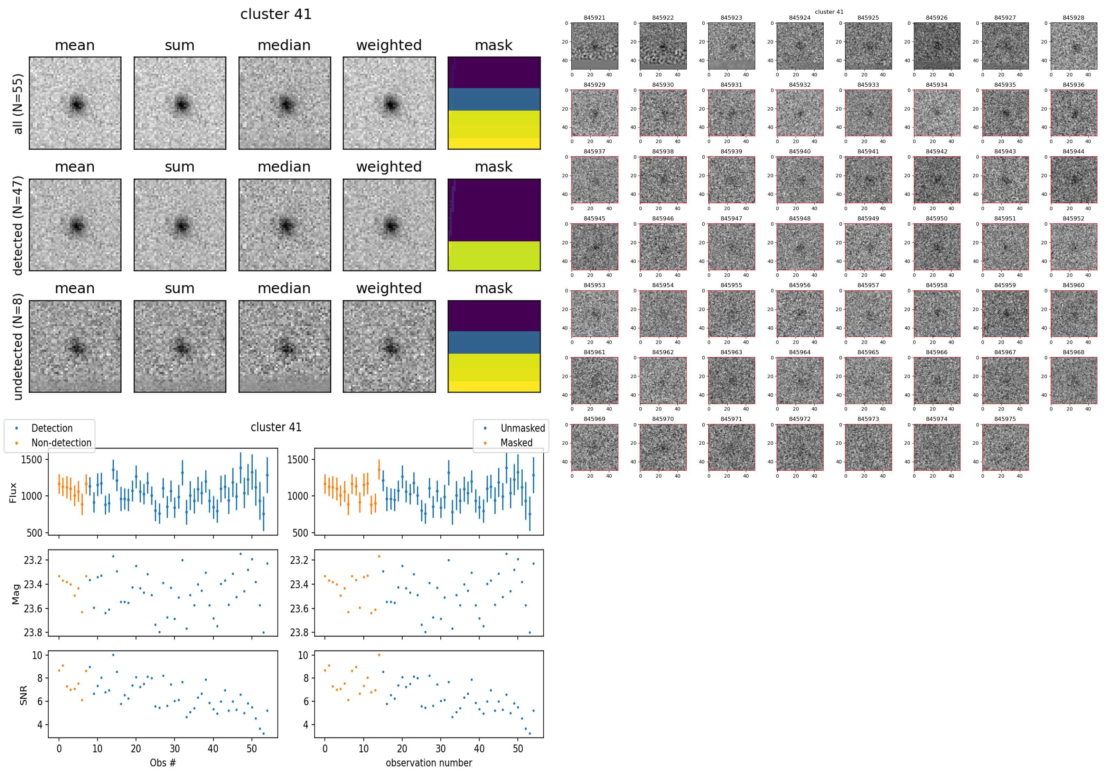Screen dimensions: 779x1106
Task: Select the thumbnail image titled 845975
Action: (1005, 447)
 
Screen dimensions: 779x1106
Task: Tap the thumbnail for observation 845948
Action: (800, 247)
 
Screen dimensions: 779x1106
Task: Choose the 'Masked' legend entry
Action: (516, 443)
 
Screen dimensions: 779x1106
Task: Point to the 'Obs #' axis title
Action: (163, 763)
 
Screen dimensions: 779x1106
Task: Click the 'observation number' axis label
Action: (429, 763)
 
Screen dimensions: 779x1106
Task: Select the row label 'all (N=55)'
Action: (18, 104)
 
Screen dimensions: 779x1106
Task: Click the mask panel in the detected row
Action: (494, 225)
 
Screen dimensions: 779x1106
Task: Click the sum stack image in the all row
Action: (180, 103)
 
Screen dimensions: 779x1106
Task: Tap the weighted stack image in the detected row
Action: (389, 225)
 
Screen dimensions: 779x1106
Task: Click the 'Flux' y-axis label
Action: (13, 492)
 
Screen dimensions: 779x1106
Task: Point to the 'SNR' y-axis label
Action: (23, 695)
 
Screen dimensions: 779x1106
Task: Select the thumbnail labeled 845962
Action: (663, 380)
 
